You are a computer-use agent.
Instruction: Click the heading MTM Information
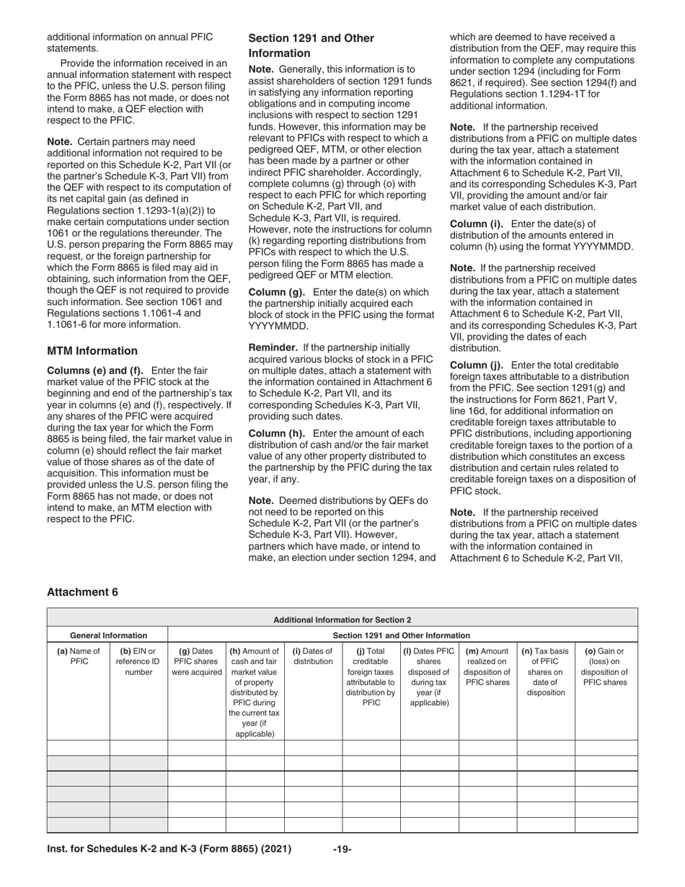[92, 351]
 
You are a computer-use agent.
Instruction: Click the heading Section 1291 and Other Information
[311, 45]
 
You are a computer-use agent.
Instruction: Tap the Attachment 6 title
[82, 592]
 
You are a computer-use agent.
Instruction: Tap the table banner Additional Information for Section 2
[342, 619]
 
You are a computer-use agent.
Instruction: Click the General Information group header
[108, 635]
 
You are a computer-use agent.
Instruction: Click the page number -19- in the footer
[342, 849]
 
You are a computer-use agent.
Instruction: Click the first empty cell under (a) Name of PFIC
[78, 748]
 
